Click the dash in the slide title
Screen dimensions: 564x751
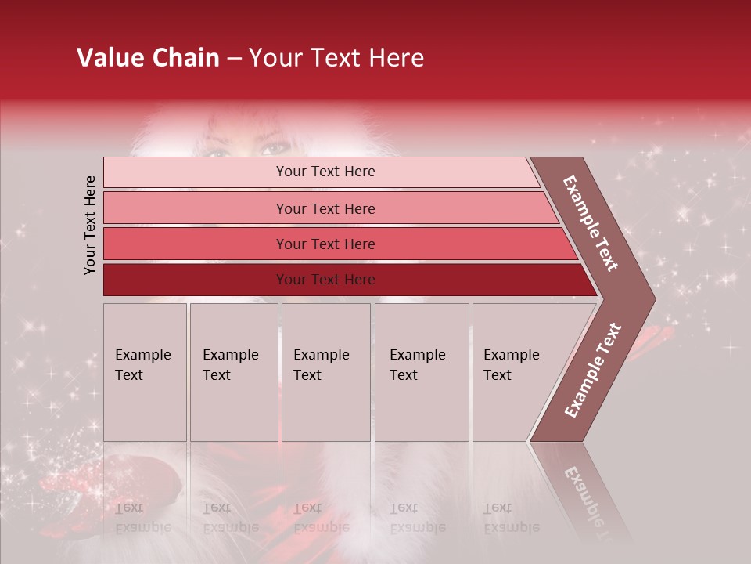tap(234, 58)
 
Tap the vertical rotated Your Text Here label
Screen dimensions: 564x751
tap(90, 225)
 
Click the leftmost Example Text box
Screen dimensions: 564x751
tap(145, 372)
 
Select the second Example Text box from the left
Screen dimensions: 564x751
tap(234, 372)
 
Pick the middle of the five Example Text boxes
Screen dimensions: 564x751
tap(325, 372)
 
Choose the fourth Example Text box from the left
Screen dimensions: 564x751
tap(422, 372)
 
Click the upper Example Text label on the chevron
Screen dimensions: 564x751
tap(591, 223)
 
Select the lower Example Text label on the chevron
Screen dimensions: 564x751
tap(592, 370)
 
